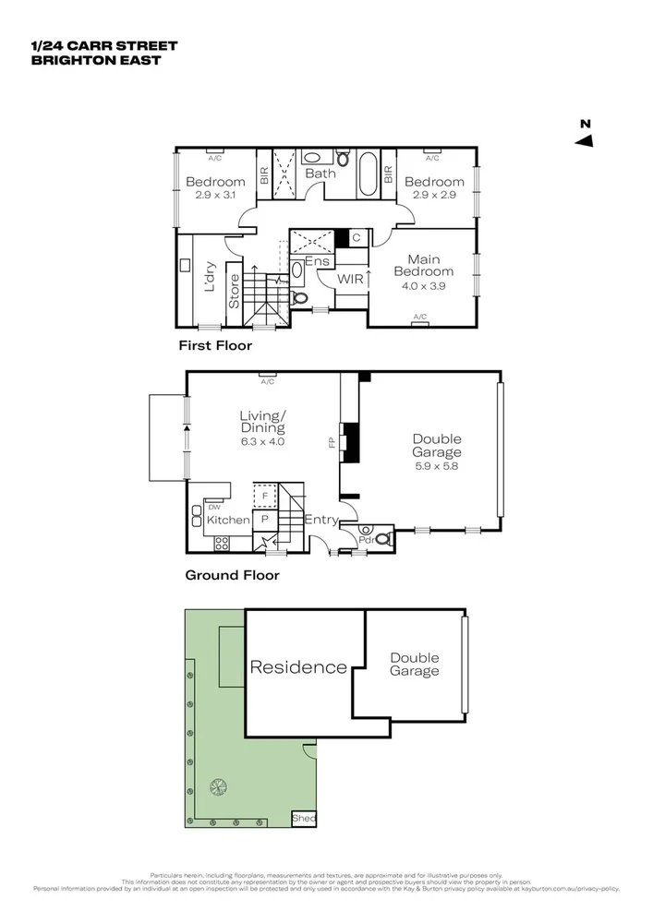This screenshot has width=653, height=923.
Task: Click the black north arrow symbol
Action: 584,140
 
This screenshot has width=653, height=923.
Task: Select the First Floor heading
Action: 215,345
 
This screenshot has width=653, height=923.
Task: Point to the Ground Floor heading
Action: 233,574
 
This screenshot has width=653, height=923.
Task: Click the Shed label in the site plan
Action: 303,819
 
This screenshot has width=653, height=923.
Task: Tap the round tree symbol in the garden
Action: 219,786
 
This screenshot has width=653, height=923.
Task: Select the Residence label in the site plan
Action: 298,667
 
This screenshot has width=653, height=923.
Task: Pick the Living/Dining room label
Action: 262,422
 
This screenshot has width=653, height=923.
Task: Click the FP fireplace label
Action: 332,443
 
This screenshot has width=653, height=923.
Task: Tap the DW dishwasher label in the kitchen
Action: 213,507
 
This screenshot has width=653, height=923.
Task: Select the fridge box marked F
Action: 265,496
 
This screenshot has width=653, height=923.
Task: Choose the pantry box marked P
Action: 265,520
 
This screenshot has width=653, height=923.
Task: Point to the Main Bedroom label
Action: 423,265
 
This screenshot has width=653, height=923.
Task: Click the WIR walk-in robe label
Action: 350,277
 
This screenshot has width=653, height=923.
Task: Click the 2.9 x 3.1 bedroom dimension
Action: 215,196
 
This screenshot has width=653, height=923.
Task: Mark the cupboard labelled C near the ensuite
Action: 356,238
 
